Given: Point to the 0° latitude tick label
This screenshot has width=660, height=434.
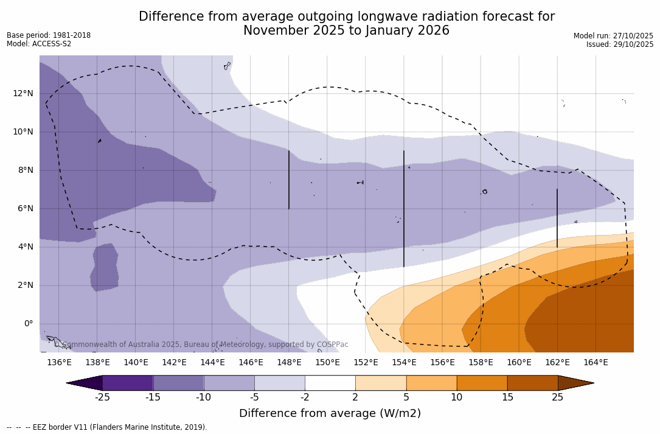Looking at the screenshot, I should (x=28, y=324).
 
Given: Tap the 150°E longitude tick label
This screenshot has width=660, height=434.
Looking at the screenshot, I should (x=327, y=363).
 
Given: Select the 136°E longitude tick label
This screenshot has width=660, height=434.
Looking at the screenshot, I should (x=59, y=363).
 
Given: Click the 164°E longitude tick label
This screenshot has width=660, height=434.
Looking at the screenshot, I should (x=596, y=363).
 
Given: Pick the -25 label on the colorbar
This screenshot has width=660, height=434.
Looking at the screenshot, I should (x=102, y=397).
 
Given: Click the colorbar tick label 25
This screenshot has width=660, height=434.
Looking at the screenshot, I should (x=557, y=397).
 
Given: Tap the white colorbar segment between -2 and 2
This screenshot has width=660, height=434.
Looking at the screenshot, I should (x=330, y=383).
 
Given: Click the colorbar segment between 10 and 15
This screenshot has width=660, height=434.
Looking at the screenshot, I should (x=482, y=383).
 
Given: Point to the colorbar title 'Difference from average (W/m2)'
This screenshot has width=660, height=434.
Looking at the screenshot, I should (x=330, y=414).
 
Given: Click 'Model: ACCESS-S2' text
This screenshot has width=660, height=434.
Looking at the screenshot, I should (x=39, y=44).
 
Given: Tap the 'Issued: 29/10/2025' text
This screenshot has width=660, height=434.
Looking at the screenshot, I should (x=620, y=44).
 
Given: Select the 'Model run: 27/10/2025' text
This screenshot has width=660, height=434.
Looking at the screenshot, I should (x=613, y=36).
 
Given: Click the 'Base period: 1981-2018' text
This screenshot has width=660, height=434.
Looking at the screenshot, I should (x=49, y=35).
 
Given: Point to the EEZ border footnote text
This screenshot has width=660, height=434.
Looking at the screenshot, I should (x=107, y=427).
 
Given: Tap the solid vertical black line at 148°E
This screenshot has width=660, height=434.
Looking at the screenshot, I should (x=289, y=180).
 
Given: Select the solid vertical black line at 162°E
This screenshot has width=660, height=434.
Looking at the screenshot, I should (x=557, y=218).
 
